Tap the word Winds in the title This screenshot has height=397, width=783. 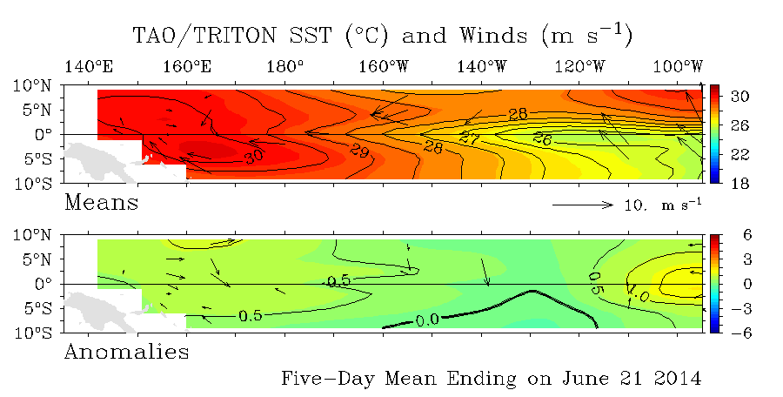coord(493,36)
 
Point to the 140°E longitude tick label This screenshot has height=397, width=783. coord(89,66)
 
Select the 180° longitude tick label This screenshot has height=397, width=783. coord(284,66)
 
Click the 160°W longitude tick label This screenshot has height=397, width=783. coord(383,66)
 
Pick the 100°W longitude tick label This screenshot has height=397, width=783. coord(678,66)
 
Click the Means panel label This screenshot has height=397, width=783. coord(102,203)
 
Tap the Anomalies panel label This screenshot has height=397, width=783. coord(127,352)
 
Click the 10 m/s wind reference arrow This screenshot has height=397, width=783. coord(583,205)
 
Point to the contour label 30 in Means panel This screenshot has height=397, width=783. coord(254,157)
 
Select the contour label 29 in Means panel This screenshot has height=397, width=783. coord(359,150)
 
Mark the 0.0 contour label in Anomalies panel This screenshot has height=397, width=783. coord(427,320)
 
